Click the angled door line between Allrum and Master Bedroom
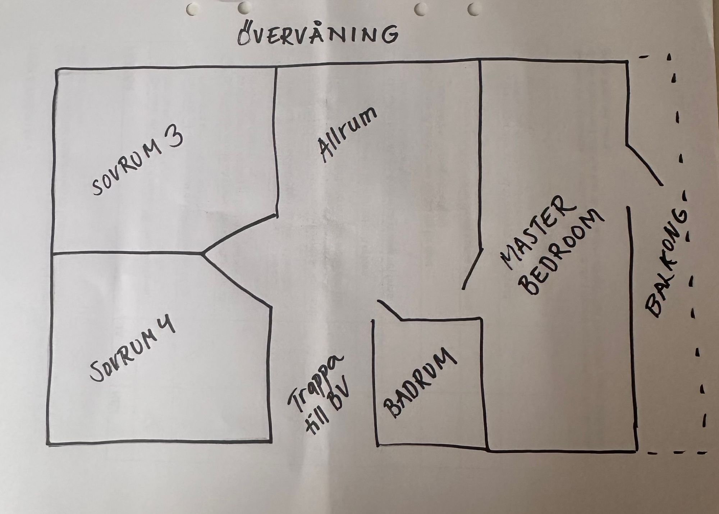(x=472, y=268)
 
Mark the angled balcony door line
(x=645, y=165)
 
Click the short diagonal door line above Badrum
(x=389, y=310)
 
